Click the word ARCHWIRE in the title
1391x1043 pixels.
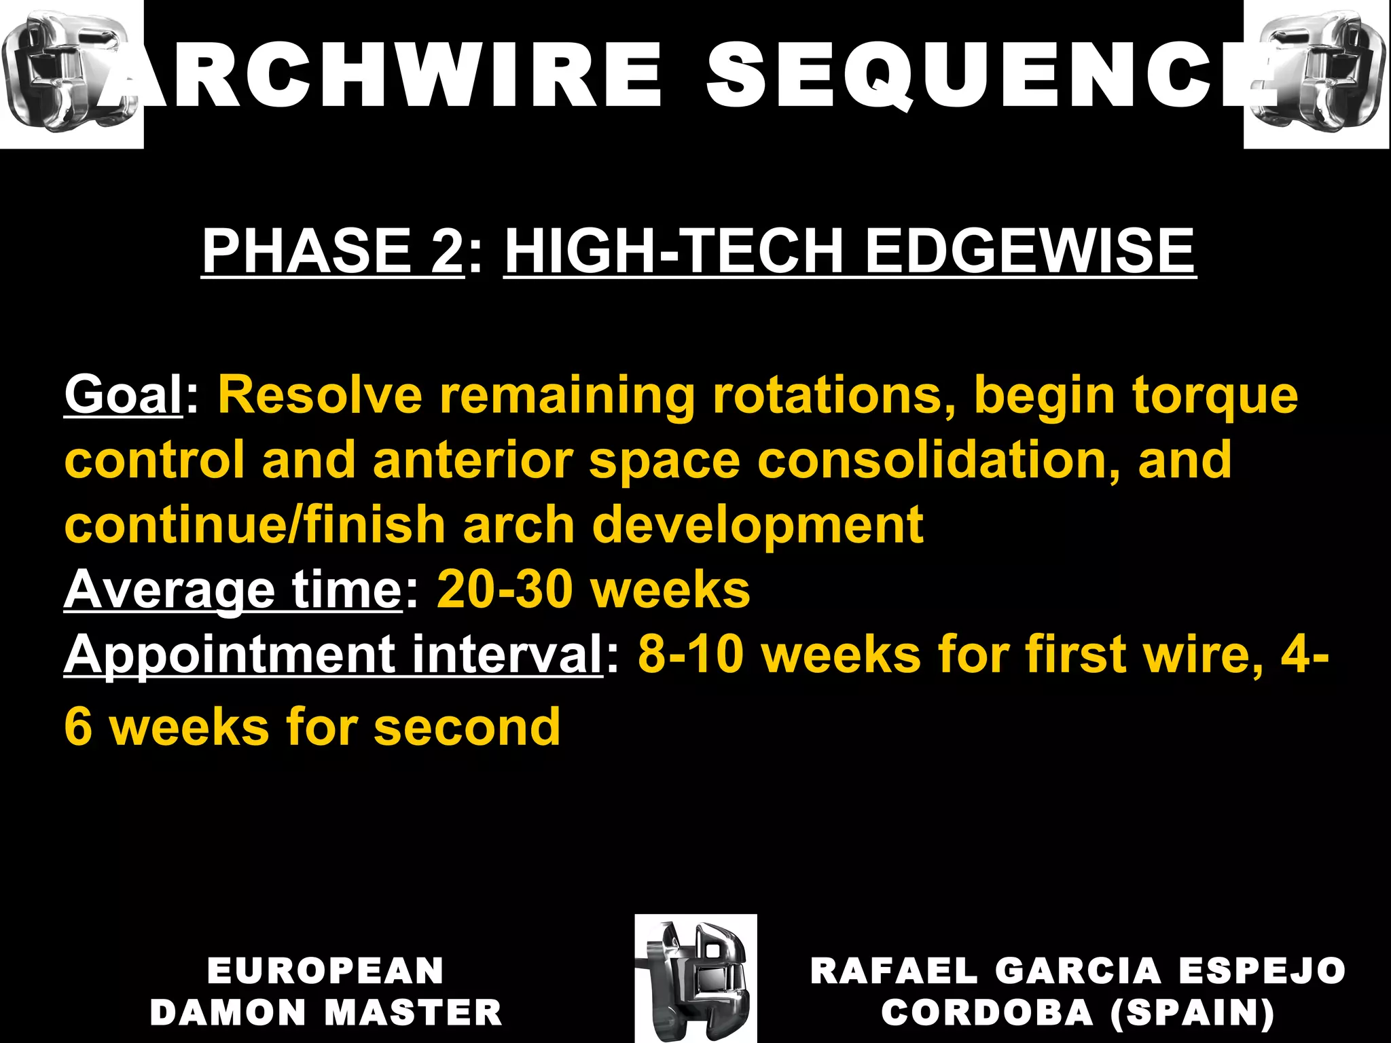pos(380,76)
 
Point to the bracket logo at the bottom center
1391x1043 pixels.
pos(695,978)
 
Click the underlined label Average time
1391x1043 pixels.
pos(233,589)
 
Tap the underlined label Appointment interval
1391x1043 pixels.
pos(333,655)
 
